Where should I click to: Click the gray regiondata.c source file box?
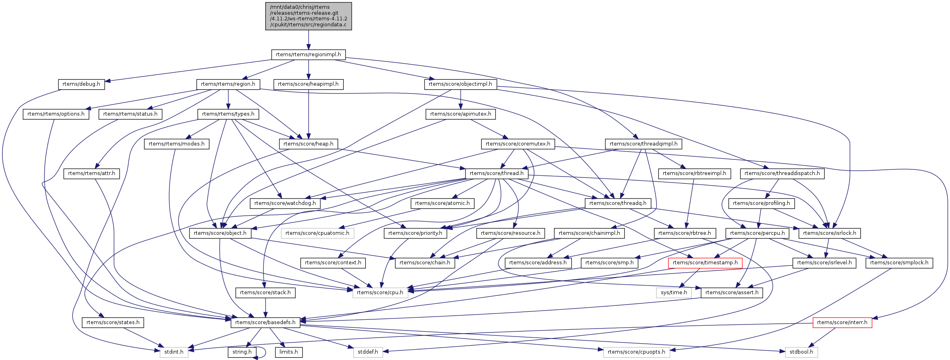pyautogui.click(x=308, y=16)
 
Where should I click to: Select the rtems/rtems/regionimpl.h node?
pyautogui.click(x=308, y=55)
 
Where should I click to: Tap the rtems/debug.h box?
pyautogui.click(x=81, y=84)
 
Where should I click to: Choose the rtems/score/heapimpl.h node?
pyautogui.click(x=308, y=84)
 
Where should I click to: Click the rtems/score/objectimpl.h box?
pyautogui.click(x=460, y=84)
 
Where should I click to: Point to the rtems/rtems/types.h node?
pyautogui.click(x=228, y=114)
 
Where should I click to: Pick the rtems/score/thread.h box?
pyautogui.click(x=497, y=173)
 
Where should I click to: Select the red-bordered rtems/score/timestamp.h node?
pyautogui.click(x=705, y=263)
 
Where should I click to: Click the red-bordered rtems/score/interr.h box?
pyautogui.click(x=842, y=323)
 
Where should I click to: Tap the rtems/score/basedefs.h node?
pyautogui.click(x=265, y=323)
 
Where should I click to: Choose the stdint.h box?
pyautogui.click(x=174, y=352)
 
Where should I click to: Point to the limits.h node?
pyautogui.click(x=289, y=352)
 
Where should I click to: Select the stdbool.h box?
pyautogui.click(x=801, y=352)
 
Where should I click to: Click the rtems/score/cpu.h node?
pyautogui.click(x=380, y=293)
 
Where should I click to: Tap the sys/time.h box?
pyautogui.click(x=674, y=293)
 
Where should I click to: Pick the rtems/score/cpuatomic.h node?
pyautogui.click(x=317, y=233)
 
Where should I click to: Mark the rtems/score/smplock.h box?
pyautogui.click(x=899, y=263)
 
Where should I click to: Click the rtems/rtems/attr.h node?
pyautogui.click(x=91, y=173)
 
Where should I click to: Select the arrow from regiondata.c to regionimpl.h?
pyautogui.click(x=308, y=40)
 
